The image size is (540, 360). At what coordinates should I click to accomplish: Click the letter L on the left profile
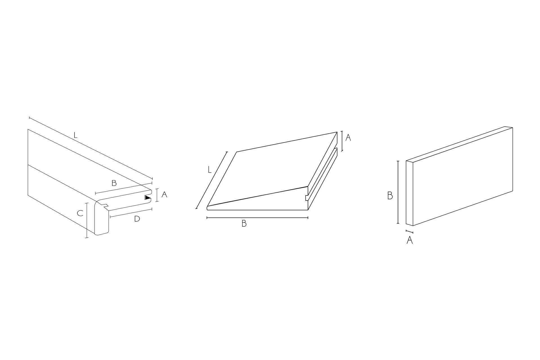tap(75, 135)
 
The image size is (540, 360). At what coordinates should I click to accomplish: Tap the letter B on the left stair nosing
tap(114, 183)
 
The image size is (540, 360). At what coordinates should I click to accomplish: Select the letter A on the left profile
tap(165, 194)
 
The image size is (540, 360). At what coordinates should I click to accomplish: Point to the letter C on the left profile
tap(80, 213)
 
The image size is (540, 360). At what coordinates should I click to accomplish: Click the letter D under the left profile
tap(137, 219)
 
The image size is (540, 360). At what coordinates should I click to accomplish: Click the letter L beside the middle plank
tap(210, 170)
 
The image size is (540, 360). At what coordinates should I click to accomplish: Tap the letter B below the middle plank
tap(244, 224)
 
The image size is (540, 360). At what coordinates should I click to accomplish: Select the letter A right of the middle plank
tap(348, 138)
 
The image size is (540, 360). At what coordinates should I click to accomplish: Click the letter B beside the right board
tap(390, 195)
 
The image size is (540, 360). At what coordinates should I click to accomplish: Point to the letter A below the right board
tap(410, 240)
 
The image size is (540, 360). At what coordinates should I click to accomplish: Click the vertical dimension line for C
tap(87, 220)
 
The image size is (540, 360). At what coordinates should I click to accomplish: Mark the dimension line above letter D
tap(131, 213)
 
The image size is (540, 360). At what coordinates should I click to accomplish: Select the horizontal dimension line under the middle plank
tap(257, 218)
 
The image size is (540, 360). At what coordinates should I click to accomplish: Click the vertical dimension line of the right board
tap(398, 192)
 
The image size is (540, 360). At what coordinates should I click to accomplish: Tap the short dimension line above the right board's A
tap(409, 231)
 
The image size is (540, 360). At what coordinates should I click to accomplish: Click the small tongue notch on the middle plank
tap(307, 198)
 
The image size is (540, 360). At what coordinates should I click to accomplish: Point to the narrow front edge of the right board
tap(409, 193)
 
